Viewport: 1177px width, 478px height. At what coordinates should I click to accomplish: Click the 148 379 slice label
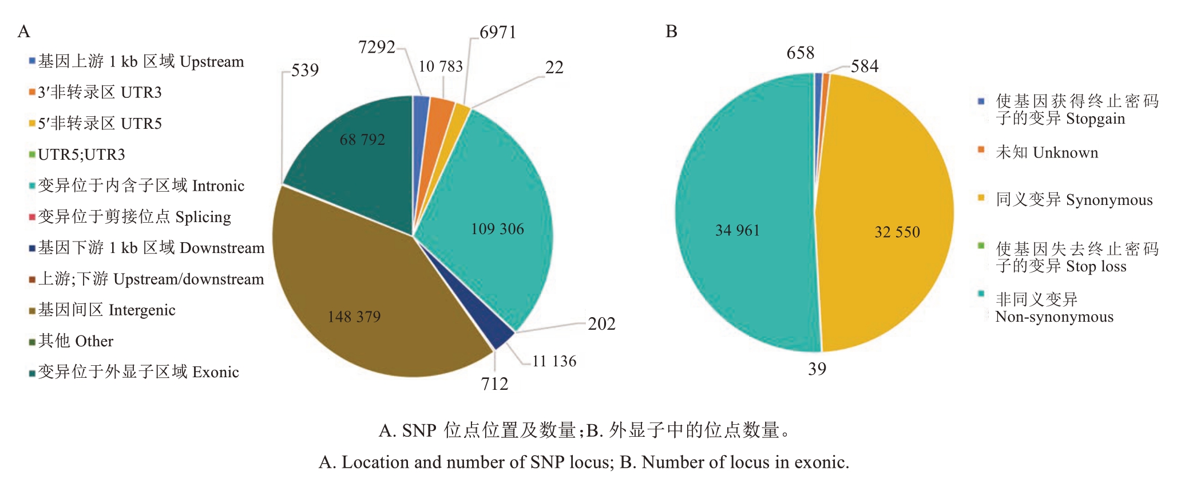coord(354,317)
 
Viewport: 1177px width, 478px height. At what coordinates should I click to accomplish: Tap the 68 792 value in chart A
coord(362,140)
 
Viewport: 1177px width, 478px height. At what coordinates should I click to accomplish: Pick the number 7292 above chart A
coord(377,47)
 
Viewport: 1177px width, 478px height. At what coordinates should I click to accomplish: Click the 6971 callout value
coord(498,33)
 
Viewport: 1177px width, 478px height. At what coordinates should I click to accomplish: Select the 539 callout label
coord(305,70)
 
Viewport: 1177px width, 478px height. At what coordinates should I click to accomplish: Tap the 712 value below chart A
coord(494,384)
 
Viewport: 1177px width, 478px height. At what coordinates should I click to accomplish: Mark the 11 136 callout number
coord(554,361)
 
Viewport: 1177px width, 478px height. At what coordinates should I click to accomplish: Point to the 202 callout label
coord(601,324)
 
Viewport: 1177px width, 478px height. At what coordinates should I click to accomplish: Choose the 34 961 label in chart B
coord(737,231)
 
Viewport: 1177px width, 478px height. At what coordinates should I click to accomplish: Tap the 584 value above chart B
coord(864,66)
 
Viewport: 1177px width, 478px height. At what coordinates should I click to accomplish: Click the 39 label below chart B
coord(817,369)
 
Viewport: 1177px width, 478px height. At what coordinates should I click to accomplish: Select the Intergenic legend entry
coord(106,310)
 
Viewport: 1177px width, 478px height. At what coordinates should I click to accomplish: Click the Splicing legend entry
coord(134,217)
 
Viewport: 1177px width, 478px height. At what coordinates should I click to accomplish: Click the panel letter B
coord(671,32)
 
